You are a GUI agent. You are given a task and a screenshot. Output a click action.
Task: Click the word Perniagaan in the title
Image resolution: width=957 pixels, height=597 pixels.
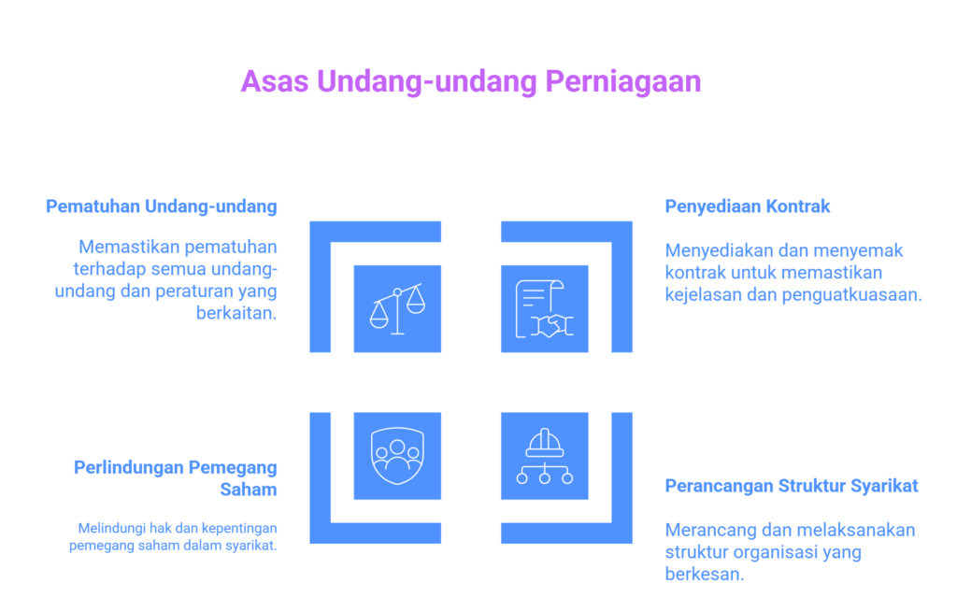(622, 82)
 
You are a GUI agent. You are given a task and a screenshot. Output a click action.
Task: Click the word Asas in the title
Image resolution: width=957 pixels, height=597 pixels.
(275, 81)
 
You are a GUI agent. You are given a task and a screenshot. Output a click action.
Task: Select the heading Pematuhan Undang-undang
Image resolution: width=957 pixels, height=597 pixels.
(162, 206)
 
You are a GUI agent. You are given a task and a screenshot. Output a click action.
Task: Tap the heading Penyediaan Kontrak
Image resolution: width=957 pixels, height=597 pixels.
(747, 206)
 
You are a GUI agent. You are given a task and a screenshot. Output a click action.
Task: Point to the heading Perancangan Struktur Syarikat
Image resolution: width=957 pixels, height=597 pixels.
(792, 486)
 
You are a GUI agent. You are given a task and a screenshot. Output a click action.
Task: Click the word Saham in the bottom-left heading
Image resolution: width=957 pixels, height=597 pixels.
(249, 490)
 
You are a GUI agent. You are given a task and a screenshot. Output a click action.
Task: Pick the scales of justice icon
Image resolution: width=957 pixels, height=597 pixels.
(397, 309)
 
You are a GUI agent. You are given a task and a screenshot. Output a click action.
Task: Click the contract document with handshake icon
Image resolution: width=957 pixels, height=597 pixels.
(545, 309)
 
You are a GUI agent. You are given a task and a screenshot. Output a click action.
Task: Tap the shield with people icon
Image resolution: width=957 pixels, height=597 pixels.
(397, 456)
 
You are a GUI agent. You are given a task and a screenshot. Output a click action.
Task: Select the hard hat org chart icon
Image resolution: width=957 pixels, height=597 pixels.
(545, 456)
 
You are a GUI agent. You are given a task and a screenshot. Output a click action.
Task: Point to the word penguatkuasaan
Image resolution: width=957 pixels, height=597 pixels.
(852, 295)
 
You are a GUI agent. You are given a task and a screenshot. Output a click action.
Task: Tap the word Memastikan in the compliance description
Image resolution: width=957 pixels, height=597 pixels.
(127, 248)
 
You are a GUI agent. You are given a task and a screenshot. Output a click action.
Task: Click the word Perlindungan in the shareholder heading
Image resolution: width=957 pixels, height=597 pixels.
(129, 467)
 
